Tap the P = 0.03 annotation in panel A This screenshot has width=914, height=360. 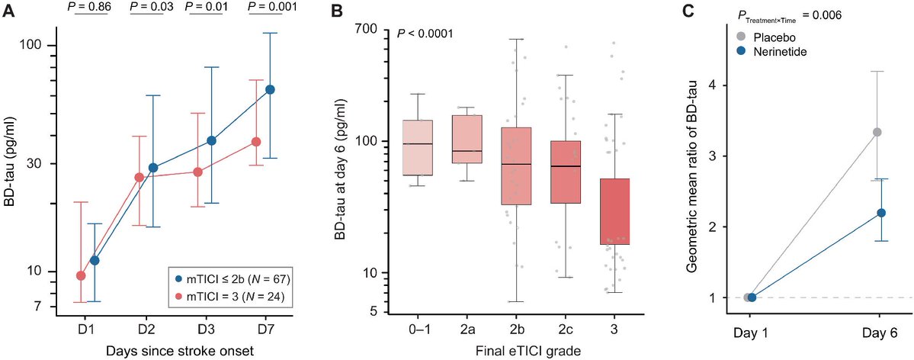(151, 7)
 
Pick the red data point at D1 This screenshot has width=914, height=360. (81, 275)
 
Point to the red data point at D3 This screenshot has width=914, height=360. (197, 172)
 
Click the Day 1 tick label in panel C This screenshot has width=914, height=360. (750, 333)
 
